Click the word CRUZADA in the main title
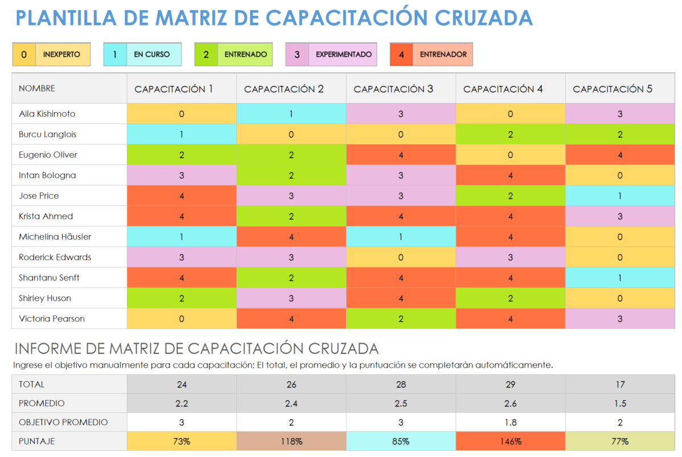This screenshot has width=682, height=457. pyautogui.click(x=484, y=18)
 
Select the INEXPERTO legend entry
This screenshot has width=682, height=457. pyautogui.click(x=62, y=55)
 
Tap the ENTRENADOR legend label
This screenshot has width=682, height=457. pyautogui.click(x=443, y=55)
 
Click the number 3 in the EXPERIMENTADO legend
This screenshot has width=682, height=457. pyautogui.click(x=297, y=55)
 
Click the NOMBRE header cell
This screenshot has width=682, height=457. pyautogui.click(x=37, y=89)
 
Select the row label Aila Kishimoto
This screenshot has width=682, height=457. pyautogui.click(x=47, y=114)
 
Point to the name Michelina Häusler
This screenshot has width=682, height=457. pyautogui.click(x=55, y=237)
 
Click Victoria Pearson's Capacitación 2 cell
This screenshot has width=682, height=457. pyautogui.click(x=291, y=319)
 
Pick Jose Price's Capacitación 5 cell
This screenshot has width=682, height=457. pyautogui.click(x=619, y=196)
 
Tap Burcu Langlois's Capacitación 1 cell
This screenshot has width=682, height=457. pyautogui.click(x=181, y=134)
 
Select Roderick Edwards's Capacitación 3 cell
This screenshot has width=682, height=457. pyautogui.click(x=400, y=257)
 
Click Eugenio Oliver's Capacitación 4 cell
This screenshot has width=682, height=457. pyautogui.click(x=510, y=155)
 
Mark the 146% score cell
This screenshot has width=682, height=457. pyautogui.click(x=510, y=441)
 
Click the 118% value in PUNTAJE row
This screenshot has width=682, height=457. pyautogui.click(x=291, y=441)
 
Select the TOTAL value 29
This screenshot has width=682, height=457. pyautogui.click(x=510, y=384)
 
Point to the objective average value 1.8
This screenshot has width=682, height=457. pyautogui.click(x=510, y=422)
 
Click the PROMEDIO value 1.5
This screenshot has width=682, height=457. pyautogui.click(x=619, y=404)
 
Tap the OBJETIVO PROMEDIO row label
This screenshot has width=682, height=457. pyautogui.click(x=63, y=422)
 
